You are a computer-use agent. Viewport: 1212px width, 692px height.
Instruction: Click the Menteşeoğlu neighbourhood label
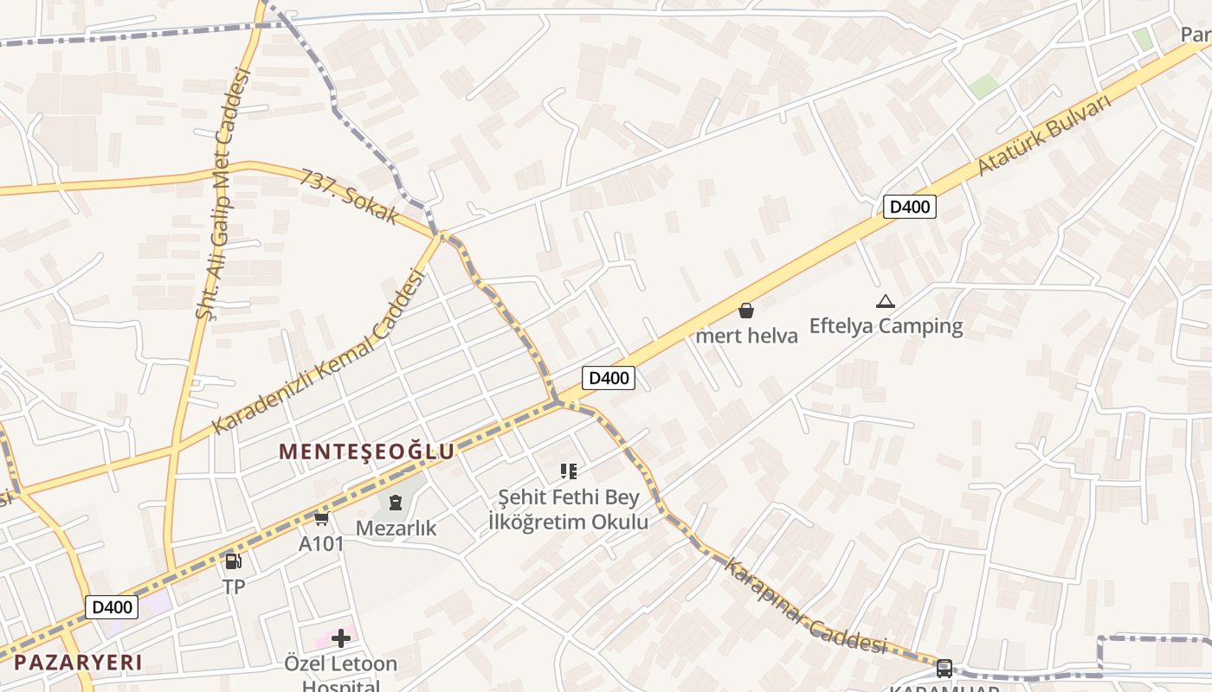[366, 452]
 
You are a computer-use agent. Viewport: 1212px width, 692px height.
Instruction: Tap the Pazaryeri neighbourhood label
[78, 663]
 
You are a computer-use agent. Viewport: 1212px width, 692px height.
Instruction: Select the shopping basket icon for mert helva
[746, 311]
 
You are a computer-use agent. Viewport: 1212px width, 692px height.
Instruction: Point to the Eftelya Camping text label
[886, 326]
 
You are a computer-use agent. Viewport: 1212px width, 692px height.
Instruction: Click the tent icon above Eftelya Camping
[885, 301]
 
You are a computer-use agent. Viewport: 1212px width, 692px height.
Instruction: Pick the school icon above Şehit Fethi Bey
[569, 471]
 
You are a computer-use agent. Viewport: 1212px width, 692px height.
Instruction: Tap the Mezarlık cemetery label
[396, 527]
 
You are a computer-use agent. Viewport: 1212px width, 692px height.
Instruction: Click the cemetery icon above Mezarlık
[396, 502]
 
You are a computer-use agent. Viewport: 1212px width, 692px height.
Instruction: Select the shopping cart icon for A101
[321, 518]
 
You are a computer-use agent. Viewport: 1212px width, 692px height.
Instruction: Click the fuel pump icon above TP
[233, 561]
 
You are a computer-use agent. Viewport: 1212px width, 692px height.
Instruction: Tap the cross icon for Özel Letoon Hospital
[341, 638]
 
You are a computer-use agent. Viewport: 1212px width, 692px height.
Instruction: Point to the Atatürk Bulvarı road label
[1044, 135]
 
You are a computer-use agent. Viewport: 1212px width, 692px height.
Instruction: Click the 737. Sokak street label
[350, 195]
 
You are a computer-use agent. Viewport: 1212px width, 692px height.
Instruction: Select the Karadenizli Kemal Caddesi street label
[319, 352]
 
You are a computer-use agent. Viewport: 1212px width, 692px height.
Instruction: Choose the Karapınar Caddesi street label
[805, 608]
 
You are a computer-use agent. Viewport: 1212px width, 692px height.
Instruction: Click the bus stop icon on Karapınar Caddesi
[944, 669]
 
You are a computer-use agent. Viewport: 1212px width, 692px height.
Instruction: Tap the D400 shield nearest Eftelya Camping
[909, 207]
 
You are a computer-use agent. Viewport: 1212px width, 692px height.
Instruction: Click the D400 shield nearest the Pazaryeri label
[112, 607]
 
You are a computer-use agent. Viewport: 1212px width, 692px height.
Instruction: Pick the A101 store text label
[321, 544]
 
